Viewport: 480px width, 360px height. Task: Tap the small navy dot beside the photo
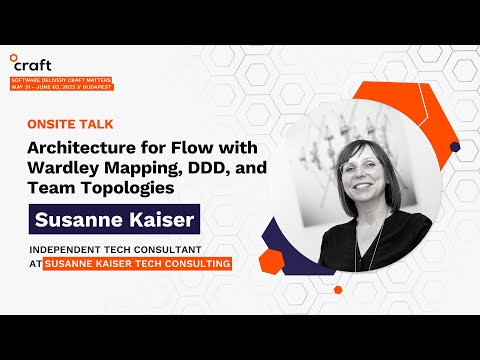coord(455,147)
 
